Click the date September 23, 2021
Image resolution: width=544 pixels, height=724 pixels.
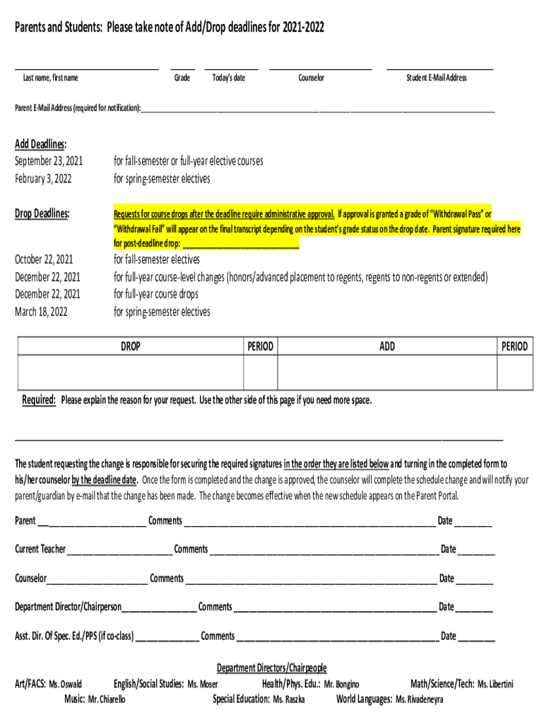click(x=49, y=161)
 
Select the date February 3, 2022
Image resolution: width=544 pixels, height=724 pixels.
click(x=43, y=179)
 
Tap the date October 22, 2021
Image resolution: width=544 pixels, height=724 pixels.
click(x=44, y=259)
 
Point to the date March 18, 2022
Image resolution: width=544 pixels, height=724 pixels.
click(x=41, y=312)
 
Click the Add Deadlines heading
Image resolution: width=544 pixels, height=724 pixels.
click(x=40, y=144)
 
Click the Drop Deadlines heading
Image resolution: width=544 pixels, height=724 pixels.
click(x=42, y=214)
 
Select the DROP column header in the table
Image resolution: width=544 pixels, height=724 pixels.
click(x=131, y=346)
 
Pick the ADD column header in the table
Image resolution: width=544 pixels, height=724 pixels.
click(x=387, y=346)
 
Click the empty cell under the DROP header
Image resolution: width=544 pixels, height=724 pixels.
click(x=131, y=372)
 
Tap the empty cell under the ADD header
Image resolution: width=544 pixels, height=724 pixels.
click(x=387, y=372)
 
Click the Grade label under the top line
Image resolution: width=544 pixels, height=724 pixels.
click(x=182, y=78)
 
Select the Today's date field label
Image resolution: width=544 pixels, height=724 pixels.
click(x=229, y=78)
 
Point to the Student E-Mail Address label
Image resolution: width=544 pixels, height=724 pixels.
click(x=436, y=78)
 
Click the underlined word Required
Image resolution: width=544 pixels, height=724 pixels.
click(x=39, y=400)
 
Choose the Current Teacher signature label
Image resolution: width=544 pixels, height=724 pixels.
click(x=40, y=549)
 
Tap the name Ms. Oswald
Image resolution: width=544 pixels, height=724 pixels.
click(x=65, y=684)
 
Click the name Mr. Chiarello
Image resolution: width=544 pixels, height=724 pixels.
click(x=107, y=699)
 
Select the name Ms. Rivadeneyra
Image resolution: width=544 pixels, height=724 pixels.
click(x=420, y=699)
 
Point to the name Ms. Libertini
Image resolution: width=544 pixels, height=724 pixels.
click(x=495, y=684)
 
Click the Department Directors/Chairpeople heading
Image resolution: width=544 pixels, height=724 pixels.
click(x=271, y=668)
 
